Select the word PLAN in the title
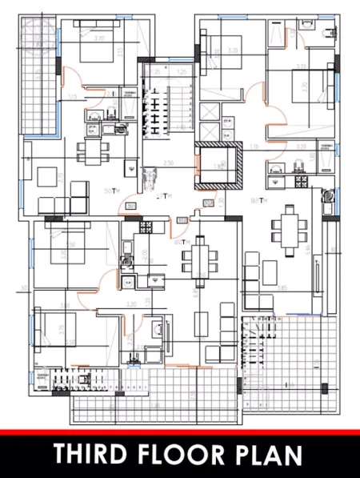click(270, 454)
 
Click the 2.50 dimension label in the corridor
click(169, 163)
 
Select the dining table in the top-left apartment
click(90, 151)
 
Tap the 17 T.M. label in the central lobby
click(162, 196)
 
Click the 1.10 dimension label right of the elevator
click(254, 147)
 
